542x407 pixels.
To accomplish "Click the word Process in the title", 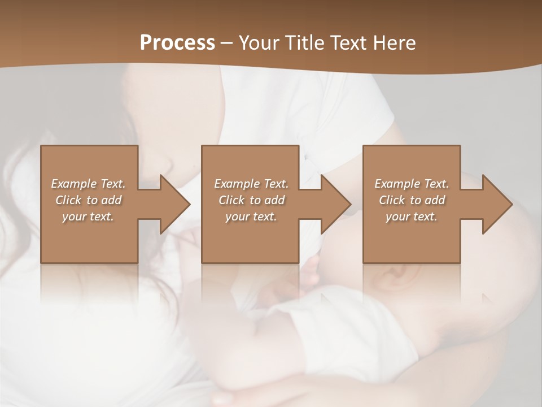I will pos(177,43).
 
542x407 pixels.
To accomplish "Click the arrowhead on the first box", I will pos(173,204).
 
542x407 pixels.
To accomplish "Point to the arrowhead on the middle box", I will pos(334,204).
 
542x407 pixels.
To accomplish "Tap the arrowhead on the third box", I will pos(495,204).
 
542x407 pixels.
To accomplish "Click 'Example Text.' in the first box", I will pos(88,184).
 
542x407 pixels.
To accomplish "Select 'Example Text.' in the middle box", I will pos(251,184).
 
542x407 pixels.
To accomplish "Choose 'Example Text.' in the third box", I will pos(412,184).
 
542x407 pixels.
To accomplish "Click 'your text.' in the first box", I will pos(88,217).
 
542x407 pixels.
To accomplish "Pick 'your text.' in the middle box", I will pos(251,217).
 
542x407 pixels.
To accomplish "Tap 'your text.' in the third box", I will pos(412,217).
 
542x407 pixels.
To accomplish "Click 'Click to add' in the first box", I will pos(88,200).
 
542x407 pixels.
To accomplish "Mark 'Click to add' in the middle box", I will pos(251,200).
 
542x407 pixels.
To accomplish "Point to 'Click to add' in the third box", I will pos(412,200).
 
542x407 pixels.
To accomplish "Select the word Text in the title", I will pos(346,43).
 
